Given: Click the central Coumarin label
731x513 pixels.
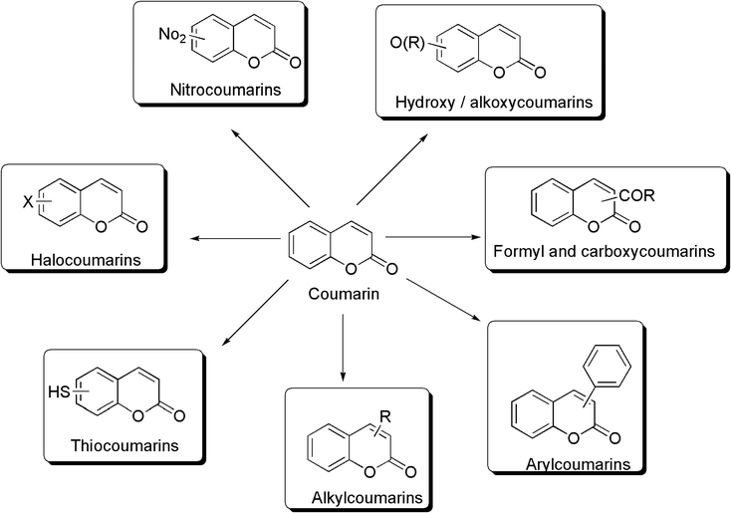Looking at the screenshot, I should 343,295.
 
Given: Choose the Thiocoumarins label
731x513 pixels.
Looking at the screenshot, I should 124,445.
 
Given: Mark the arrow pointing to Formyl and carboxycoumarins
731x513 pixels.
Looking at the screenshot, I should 430,237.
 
